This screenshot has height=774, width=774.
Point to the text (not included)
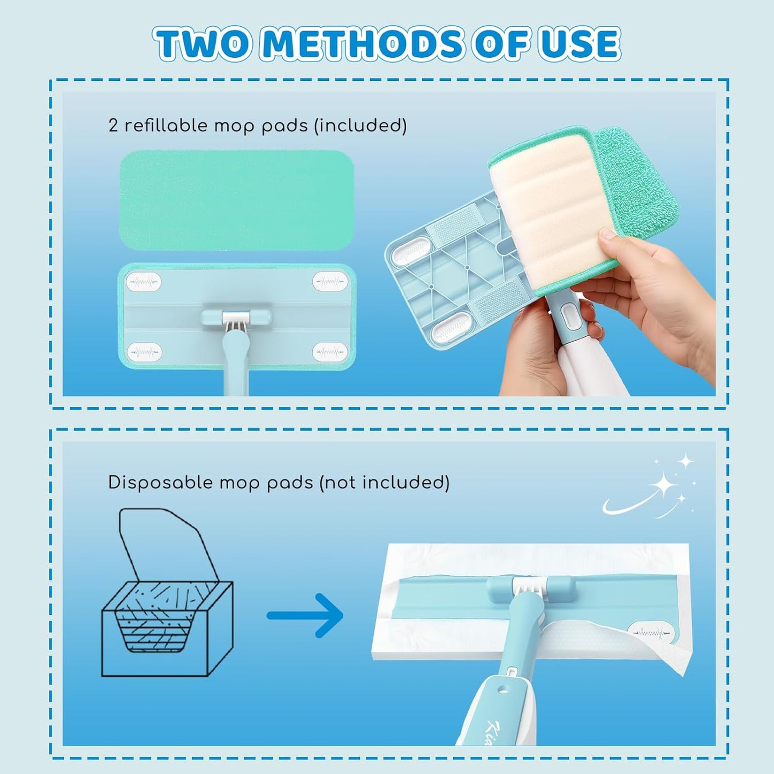(385, 483)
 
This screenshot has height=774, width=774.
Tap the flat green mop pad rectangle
(237, 200)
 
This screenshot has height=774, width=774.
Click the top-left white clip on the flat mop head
(144, 282)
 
